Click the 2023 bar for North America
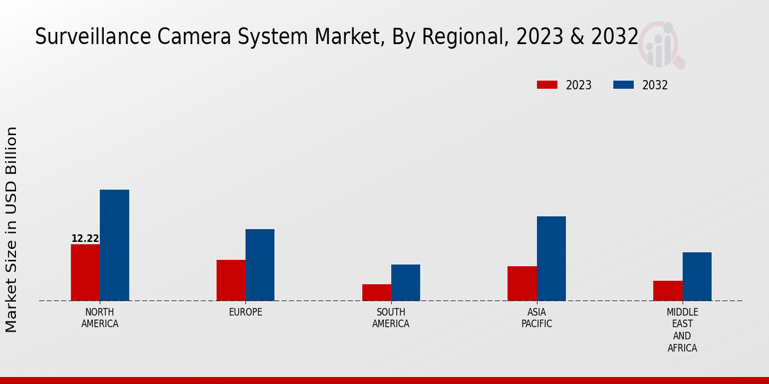pyautogui.click(x=85, y=273)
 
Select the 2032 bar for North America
pyautogui.click(x=114, y=245)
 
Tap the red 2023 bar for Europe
pyautogui.click(x=231, y=280)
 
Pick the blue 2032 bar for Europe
pyautogui.click(x=260, y=265)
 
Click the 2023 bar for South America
pyautogui.click(x=376, y=292)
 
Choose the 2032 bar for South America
pyautogui.click(x=406, y=282)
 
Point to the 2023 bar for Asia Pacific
pyautogui.click(x=522, y=284)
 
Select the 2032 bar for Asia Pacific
pyautogui.click(x=551, y=259)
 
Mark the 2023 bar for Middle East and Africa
pyautogui.click(x=668, y=291)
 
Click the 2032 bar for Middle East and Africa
pyautogui.click(x=697, y=276)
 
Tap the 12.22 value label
pyautogui.click(x=85, y=239)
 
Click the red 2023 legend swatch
pyautogui.click(x=547, y=85)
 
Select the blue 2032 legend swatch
pyautogui.click(x=624, y=85)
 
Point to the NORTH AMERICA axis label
pyautogui.click(x=100, y=318)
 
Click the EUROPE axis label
pyautogui.click(x=245, y=312)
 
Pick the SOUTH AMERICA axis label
pyautogui.click(x=391, y=318)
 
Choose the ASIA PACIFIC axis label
pyautogui.click(x=536, y=318)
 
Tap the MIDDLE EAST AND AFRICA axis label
pyautogui.click(x=682, y=330)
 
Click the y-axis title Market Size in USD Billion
pyautogui.click(x=12, y=229)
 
